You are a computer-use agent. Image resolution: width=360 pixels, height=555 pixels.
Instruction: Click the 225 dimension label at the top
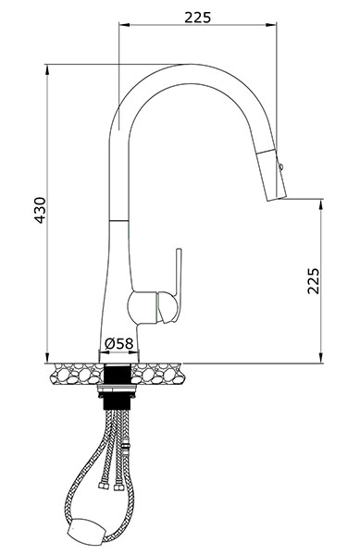coord(197,17)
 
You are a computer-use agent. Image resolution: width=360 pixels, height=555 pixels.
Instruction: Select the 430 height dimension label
coord(40,210)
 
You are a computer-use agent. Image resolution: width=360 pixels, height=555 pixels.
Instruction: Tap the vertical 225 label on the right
coord(314,280)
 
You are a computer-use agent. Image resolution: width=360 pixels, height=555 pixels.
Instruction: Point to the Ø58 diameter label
coord(119,343)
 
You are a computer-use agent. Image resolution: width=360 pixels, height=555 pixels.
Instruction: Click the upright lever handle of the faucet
coord(178,283)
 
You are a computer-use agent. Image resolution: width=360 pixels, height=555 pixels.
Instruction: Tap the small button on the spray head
coord(280,166)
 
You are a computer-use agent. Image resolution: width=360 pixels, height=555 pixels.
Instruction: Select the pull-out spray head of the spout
coord(271,175)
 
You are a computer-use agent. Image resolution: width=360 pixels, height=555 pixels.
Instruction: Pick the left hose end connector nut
coord(103,486)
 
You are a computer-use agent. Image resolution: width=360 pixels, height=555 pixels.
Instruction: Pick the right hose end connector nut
coord(118,487)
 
